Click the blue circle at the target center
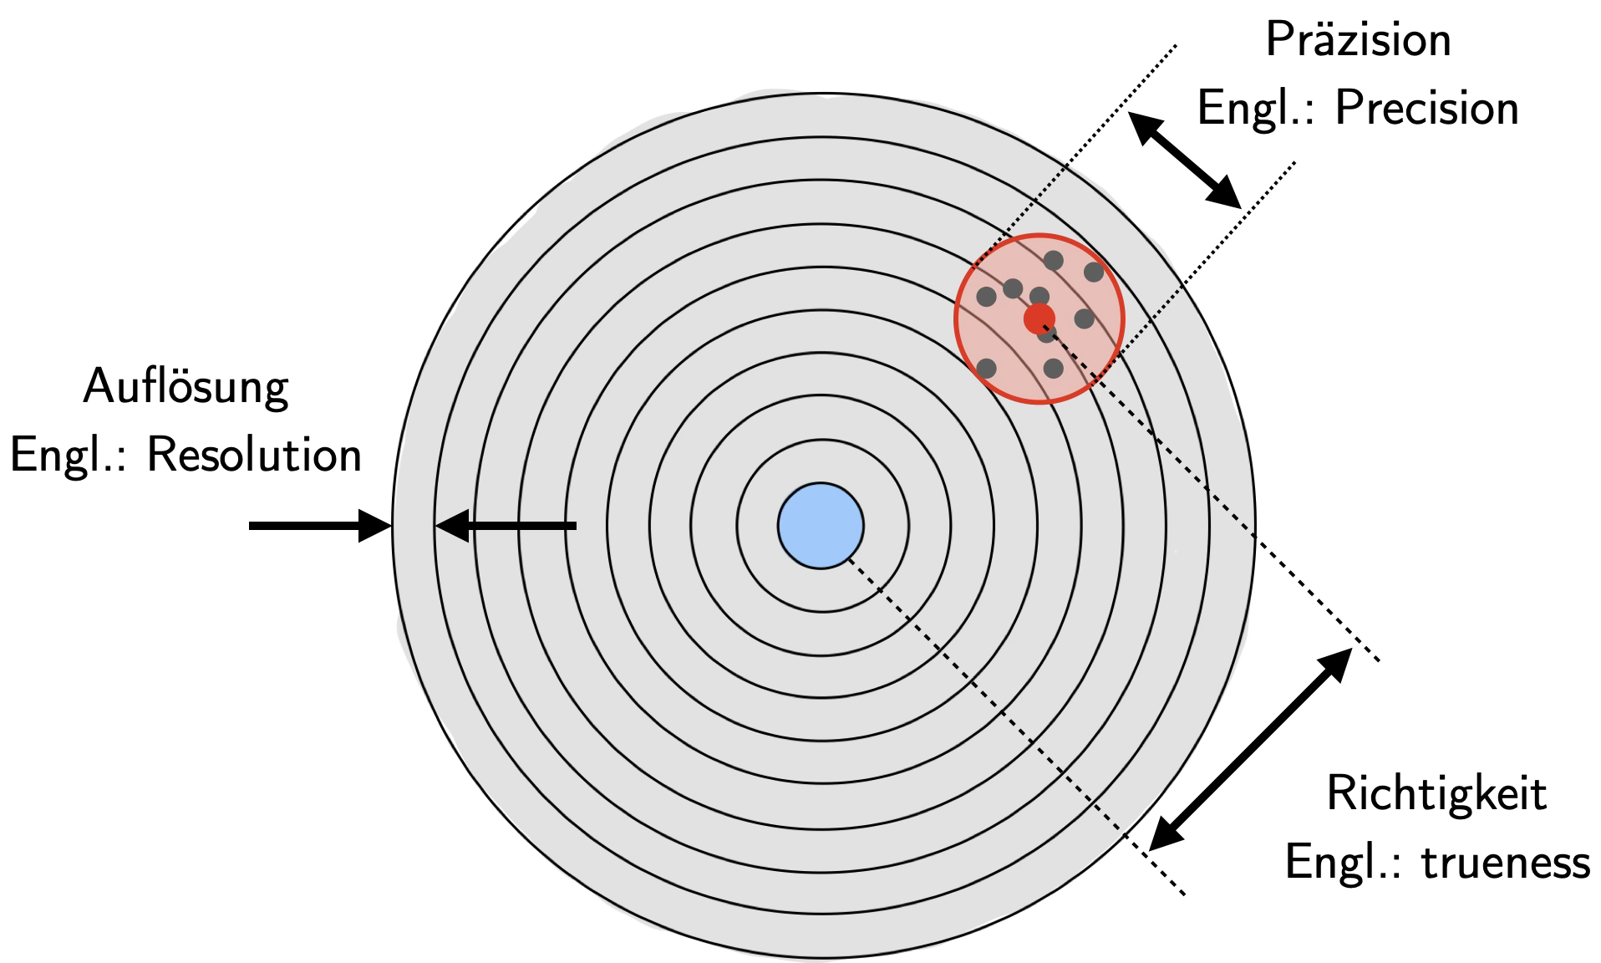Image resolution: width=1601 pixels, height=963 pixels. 821,526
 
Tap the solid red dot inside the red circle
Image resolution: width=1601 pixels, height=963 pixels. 1039,318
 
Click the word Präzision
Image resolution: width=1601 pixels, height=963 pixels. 1358,40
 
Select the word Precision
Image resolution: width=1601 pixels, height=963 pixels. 1426,109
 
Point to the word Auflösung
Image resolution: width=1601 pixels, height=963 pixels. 186,388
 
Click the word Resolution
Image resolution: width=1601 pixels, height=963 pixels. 254,456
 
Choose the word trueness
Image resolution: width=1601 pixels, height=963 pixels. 1506,862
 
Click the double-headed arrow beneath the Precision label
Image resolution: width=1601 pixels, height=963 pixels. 1184,160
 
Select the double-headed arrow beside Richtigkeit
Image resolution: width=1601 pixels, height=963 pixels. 1250,749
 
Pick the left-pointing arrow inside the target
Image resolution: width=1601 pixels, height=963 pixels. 506,526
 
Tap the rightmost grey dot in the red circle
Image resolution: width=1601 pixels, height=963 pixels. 1094,272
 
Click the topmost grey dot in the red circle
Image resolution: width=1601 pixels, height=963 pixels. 1053,260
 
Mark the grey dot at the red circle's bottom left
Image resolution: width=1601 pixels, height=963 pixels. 986,368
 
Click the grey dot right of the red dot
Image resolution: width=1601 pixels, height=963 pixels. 1084,318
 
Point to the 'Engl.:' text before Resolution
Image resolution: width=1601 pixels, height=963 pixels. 67,456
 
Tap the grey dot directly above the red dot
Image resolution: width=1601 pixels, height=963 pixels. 1039,296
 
